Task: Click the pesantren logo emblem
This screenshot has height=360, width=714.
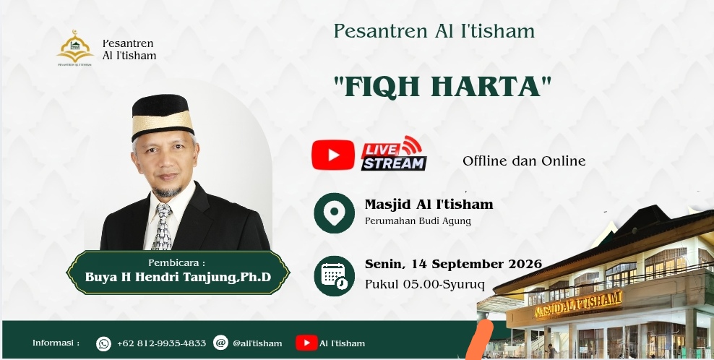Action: pos(75,48)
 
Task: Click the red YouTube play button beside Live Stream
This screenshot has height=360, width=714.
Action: pos(333,155)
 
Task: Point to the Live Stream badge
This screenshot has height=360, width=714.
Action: pos(394,153)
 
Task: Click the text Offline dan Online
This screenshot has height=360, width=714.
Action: pos(524,161)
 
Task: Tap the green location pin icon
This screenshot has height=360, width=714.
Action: pos(334,213)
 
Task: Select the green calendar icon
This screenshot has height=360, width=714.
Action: pos(334,275)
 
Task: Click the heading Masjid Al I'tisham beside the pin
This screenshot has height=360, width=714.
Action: pos(429,204)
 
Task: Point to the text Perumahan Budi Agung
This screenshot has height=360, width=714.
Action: pos(418,221)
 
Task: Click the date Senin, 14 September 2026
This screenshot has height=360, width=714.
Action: pos(453,264)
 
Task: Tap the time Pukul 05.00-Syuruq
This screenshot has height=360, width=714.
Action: pos(424,284)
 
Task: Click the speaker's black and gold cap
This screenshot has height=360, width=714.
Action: pos(162,116)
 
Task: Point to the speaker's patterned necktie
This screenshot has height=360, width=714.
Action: pos(163,226)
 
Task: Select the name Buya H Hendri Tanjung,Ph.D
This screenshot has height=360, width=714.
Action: pos(178,277)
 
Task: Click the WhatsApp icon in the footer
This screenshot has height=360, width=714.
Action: pos(103,343)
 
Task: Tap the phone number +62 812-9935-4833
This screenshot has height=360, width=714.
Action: pos(161,343)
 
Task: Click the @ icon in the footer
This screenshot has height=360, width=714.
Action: pos(220,343)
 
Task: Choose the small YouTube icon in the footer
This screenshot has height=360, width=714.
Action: pos(306,343)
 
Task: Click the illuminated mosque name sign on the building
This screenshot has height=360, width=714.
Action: pos(577,304)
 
